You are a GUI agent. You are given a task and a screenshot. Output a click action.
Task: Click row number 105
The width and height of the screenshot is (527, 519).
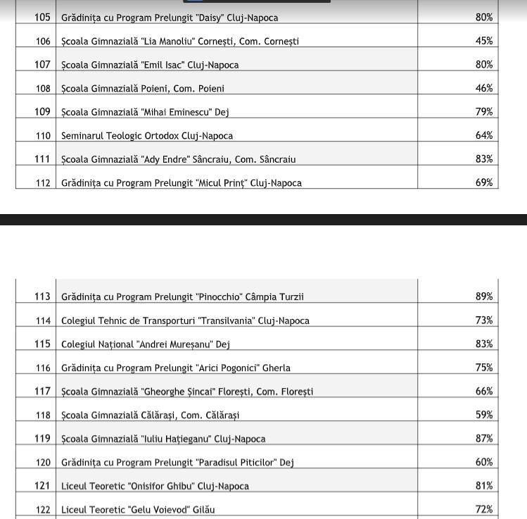point(42,18)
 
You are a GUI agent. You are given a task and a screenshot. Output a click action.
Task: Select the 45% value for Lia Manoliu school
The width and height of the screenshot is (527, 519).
point(483,41)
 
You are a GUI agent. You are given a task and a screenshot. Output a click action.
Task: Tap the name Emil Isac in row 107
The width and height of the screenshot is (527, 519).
point(166,65)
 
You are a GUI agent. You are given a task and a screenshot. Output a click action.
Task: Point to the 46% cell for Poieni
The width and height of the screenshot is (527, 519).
point(483,88)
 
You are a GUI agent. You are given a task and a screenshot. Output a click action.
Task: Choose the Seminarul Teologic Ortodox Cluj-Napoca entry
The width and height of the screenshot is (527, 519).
point(146,135)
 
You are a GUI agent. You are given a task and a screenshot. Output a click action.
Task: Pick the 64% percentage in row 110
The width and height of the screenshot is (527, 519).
point(483,135)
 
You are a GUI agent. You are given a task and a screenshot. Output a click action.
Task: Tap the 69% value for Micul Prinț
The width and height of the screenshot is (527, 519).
point(483,182)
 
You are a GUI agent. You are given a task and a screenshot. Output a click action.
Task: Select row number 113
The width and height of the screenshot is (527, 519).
point(42,296)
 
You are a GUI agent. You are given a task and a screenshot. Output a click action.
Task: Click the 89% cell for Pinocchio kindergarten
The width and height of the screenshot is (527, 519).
point(483,296)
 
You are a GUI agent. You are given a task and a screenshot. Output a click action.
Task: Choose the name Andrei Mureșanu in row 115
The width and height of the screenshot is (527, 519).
point(175,344)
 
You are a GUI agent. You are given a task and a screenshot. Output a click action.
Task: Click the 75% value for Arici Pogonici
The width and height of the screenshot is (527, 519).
point(483,368)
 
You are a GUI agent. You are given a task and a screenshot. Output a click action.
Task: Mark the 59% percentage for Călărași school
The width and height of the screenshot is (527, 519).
point(483,415)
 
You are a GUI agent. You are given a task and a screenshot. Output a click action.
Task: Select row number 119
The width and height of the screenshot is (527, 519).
point(42,439)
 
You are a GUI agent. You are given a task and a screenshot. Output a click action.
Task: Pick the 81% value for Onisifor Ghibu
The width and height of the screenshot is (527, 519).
point(483,486)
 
